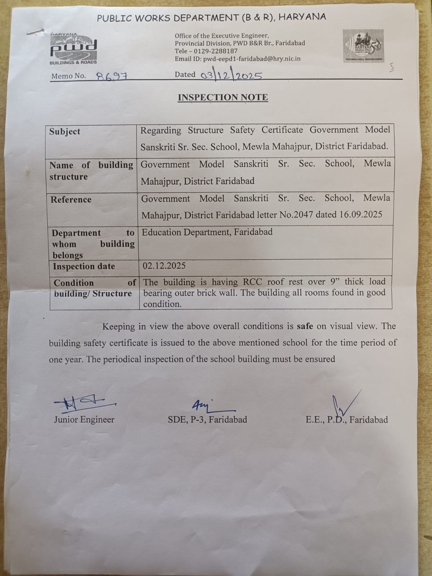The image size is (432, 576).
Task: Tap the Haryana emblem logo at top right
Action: (x=363, y=46)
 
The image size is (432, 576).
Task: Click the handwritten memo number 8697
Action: (x=113, y=76)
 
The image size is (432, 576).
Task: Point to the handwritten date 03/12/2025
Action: (x=231, y=75)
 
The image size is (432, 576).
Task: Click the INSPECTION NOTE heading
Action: (x=223, y=97)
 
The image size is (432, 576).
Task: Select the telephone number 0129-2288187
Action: (x=216, y=51)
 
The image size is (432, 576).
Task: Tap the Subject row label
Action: (x=65, y=131)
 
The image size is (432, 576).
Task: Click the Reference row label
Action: (x=71, y=199)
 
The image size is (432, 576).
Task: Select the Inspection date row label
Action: (x=84, y=266)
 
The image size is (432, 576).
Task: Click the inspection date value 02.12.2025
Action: (x=164, y=266)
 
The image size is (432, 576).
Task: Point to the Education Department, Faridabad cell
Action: (x=207, y=232)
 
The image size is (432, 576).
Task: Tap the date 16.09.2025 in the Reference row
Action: (x=361, y=215)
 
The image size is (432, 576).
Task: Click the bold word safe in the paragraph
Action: (x=305, y=326)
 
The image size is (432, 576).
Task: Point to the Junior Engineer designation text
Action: (x=84, y=419)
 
